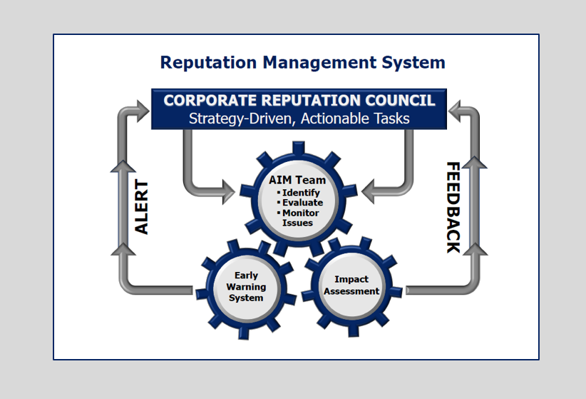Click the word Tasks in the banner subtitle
[390, 118]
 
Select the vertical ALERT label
[143, 207]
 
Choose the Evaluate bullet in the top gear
[301, 203]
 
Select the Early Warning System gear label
[246, 286]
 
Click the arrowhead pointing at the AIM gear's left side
[227, 191]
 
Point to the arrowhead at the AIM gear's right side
[369, 191]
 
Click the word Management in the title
[314, 63]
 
